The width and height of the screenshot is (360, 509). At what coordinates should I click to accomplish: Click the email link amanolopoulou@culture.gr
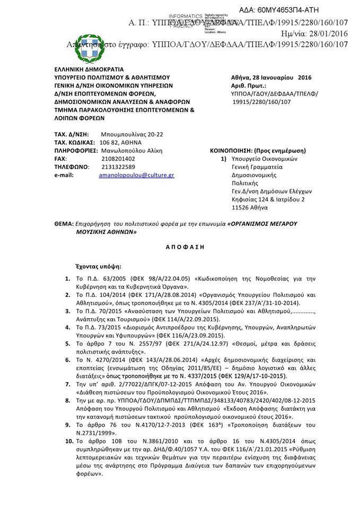click(x=136, y=175)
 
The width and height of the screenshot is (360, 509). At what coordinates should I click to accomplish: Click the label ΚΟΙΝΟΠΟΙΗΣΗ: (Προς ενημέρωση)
click(x=258, y=151)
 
